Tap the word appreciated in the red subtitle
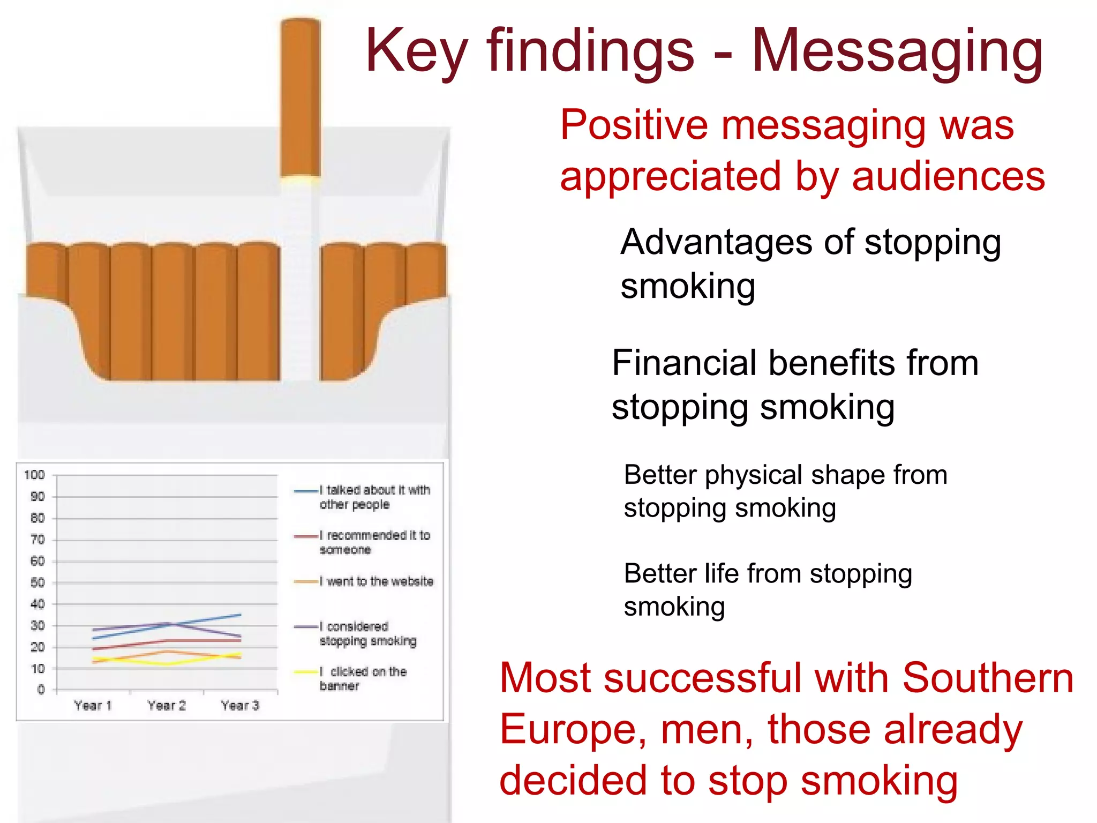point(670,176)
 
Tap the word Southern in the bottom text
point(988,678)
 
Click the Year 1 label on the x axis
point(93,706)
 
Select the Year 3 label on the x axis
point(240,706)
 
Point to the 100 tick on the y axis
point(34,475)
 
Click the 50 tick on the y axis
point(37,582)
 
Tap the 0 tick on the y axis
point(41,690)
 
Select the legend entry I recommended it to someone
point(375,542)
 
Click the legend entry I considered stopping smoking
point(368,633)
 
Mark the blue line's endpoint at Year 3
point(240,615)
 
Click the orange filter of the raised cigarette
point(300,96)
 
